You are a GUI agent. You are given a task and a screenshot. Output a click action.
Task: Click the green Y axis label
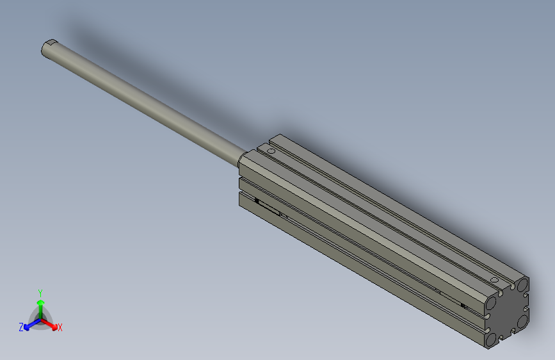point(40,291)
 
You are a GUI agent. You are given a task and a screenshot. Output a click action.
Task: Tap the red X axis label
point(60,328)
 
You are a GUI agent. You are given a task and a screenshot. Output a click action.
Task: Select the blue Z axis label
point(21,327)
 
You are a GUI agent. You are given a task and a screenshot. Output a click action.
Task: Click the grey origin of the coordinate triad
point(40,317)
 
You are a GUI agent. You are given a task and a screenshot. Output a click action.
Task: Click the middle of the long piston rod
point(144,102)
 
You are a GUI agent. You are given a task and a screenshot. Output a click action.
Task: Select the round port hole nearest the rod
point(271,152)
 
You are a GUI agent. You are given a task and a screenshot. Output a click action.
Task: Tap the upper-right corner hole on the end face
point(523,284)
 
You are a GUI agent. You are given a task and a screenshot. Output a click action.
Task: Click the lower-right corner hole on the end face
point(522,318)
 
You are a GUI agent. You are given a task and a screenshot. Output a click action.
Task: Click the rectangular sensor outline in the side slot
point(269,208)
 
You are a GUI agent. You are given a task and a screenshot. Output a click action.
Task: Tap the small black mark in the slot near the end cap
point(463,306)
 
